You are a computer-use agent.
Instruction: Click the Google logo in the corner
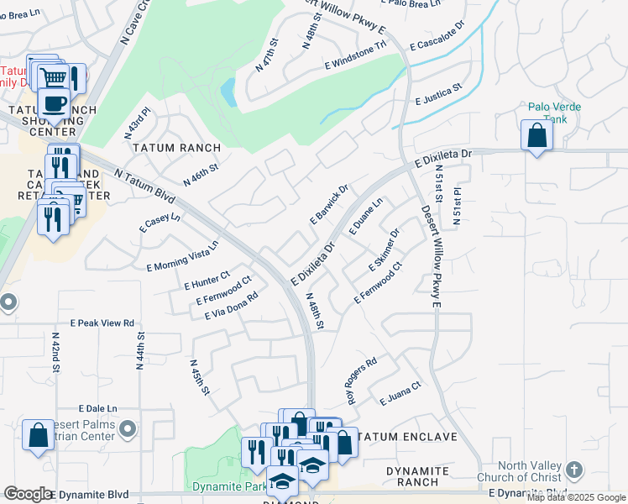[28, 494]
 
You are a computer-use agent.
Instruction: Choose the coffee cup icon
[55, 104]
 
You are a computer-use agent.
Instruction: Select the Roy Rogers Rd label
[362, 381]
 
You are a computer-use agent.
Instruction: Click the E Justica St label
[438, 94]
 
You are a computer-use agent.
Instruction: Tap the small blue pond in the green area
[227, 89]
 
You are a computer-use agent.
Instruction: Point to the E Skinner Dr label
[384, 250]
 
